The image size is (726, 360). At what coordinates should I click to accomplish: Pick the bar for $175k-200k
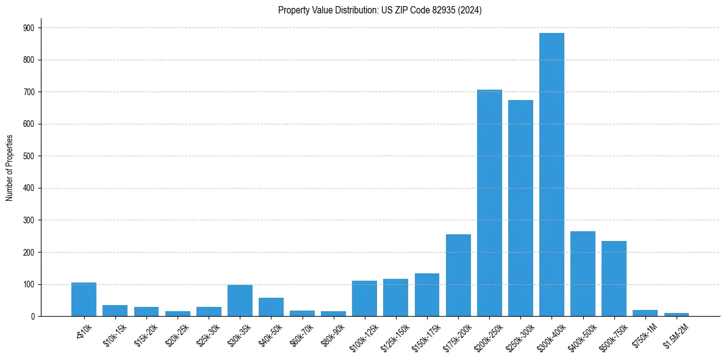pyautogui.click(x=458, y=275)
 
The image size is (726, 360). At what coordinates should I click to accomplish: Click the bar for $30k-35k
pyautogui.click(x=240, y=300)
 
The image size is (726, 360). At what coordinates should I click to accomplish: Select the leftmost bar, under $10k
pyautogui.click(x=84, y=300)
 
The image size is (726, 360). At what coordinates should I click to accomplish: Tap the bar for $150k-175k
pyautogui.click(x=427, y=295)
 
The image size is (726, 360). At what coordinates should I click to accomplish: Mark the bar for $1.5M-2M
pyautogui.click(x=677, y=314)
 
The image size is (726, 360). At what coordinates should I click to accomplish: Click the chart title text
pyautogui.click(x=379, y=10)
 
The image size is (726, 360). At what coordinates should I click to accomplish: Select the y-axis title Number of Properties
pyautogui.click(x=9, y=168)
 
